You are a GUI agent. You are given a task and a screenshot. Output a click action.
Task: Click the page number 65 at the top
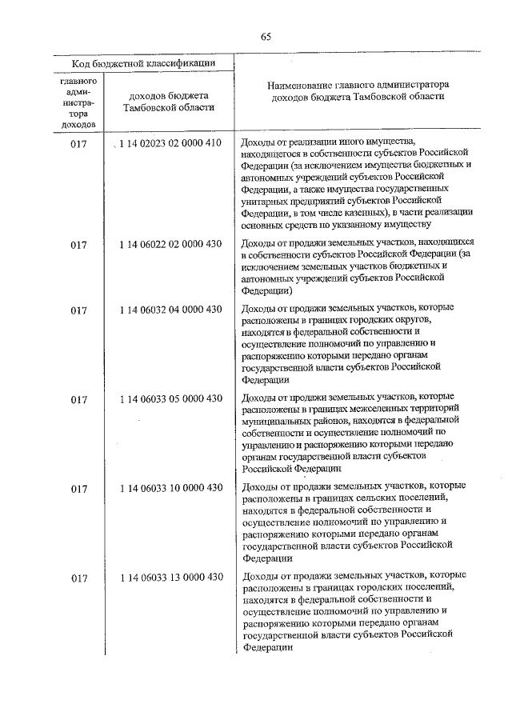point(266,35)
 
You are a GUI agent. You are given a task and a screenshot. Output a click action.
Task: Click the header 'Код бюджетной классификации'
point(141,63)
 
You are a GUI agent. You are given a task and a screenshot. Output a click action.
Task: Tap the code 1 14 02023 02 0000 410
point(170,144)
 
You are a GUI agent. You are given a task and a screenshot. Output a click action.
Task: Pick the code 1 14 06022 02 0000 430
point(170,245)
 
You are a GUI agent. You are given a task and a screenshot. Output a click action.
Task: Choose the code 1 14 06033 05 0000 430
point(170,398)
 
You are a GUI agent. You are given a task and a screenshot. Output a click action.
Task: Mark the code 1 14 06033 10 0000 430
point(170,487)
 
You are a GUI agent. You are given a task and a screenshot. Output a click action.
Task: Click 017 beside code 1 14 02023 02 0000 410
point(78,144)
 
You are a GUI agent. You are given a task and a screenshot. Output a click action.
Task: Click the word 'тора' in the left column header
point(78,114)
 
